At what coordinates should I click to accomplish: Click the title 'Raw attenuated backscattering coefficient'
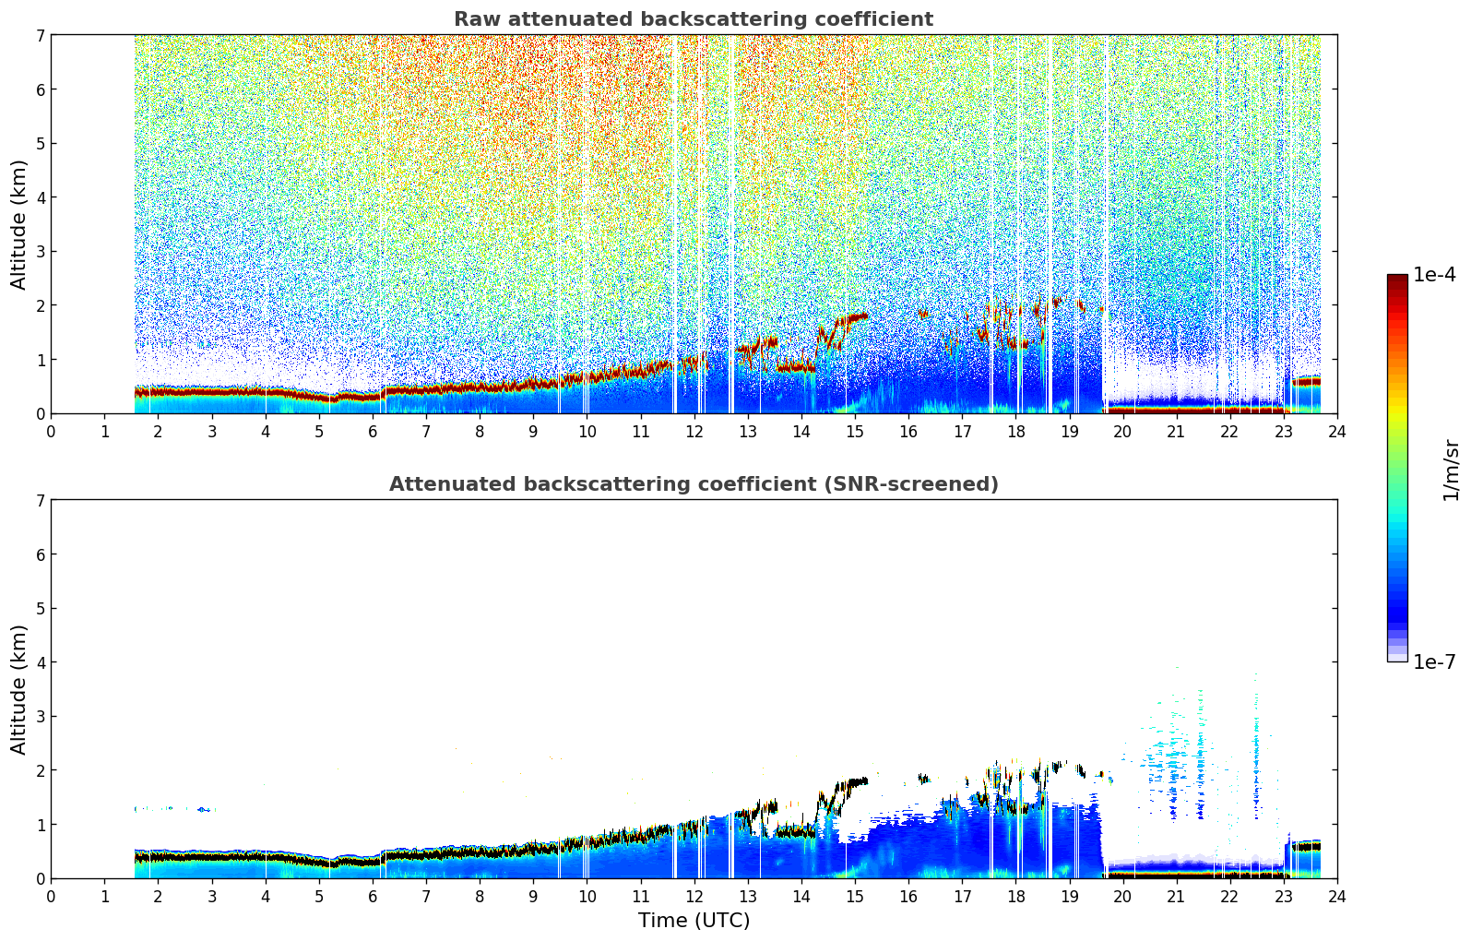[x=693, y=19]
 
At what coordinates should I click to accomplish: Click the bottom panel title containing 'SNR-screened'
[x=693, y=484]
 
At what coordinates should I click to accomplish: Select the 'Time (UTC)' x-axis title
[x=694, y=921]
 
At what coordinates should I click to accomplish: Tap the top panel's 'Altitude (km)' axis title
[x=19, y=224]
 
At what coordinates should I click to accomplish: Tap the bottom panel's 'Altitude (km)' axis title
[x=19, y=689]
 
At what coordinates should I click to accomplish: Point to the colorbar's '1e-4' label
[x=1434, y=275]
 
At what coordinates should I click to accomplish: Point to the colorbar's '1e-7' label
[x=1434, y=661]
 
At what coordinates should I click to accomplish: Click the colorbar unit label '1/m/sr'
[x=1451, y=470]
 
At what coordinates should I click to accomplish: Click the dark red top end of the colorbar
[x=1397, y=279]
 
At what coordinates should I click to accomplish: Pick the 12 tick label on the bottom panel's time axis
[x=694, y=896]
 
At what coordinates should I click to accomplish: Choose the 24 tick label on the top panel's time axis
[x=1336, y=431]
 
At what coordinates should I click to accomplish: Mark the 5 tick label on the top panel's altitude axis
[x=40, y=143]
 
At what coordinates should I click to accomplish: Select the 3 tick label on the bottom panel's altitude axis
[x=40, y=716]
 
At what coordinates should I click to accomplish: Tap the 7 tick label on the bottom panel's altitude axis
[x=40, y=500]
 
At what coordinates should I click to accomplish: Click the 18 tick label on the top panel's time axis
[x=1015, y=431]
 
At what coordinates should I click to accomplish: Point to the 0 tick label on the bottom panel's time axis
[x=51, y=896]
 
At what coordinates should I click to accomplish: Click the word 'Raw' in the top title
[x=474, y=19]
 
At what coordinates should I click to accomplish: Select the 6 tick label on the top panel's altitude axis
[x=40, y=89]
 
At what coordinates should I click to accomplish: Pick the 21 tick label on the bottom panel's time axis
[x=1176, y=896]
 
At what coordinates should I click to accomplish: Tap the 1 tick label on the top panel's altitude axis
[x=40, y=359]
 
